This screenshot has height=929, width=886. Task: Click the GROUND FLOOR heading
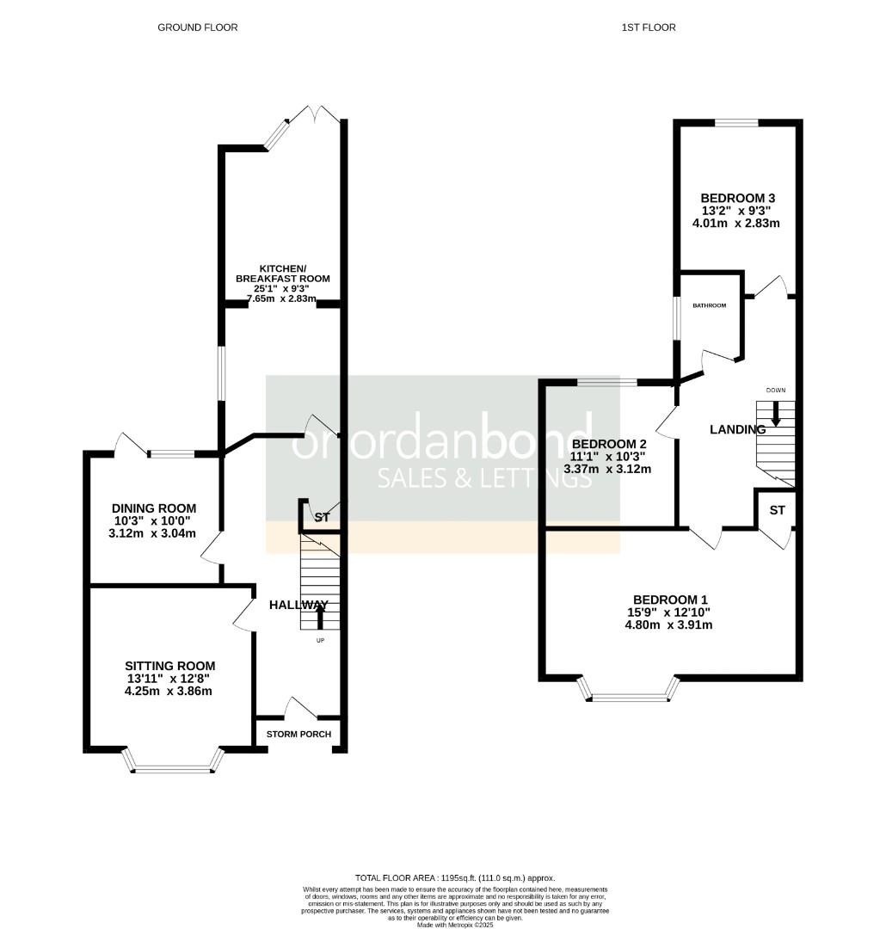point(197,28)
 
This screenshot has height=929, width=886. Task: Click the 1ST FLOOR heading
point(648,28)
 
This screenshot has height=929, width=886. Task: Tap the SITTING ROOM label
point(169,666)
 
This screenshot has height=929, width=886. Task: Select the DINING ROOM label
point(154,508)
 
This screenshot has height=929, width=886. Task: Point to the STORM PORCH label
point(298,734)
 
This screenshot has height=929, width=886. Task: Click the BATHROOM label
point(710,305)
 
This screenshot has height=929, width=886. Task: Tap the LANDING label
point(736,429)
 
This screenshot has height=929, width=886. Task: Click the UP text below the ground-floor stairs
point(321,641)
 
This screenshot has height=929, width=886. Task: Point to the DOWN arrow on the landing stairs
point(776,415)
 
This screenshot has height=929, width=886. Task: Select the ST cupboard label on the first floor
point(777,511)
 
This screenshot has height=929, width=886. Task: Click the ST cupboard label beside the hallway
point(322,518)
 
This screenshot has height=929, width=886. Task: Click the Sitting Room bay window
point(174,766)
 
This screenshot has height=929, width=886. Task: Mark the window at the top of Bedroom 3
point(736,123)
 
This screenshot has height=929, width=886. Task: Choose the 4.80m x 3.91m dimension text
point(669,625)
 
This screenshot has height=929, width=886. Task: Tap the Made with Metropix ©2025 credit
point(456,924)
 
